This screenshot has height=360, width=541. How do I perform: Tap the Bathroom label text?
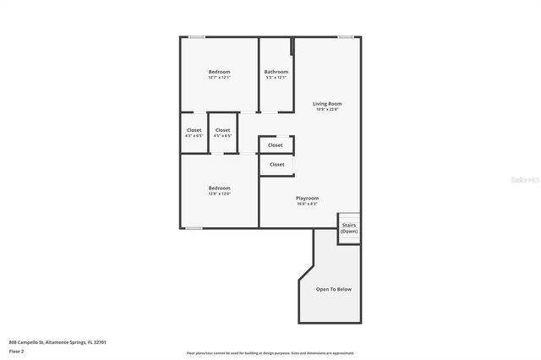coord(276,72)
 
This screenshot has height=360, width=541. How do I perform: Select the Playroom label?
coord(307,198)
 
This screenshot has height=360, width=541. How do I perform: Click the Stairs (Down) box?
coord(349,228)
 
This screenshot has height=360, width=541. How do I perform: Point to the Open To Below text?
coord(333,289)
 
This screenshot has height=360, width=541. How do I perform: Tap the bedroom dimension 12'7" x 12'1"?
coord(219,78)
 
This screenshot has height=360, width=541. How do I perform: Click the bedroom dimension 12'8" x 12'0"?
coord(219,194)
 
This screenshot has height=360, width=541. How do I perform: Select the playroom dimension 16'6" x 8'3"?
coord(307,204)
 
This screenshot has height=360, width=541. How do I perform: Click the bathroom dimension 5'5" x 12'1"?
coord(276,78)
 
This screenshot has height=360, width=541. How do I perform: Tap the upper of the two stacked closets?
coord(276,145)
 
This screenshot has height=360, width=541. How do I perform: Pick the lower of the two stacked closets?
coord(276,164)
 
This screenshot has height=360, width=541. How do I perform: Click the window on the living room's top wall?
coord(345,36)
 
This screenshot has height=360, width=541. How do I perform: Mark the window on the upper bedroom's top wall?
coord(196,36)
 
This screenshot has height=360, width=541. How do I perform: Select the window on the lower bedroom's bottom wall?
coord(194,228)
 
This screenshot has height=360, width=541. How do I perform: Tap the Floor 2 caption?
coord(16,351)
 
